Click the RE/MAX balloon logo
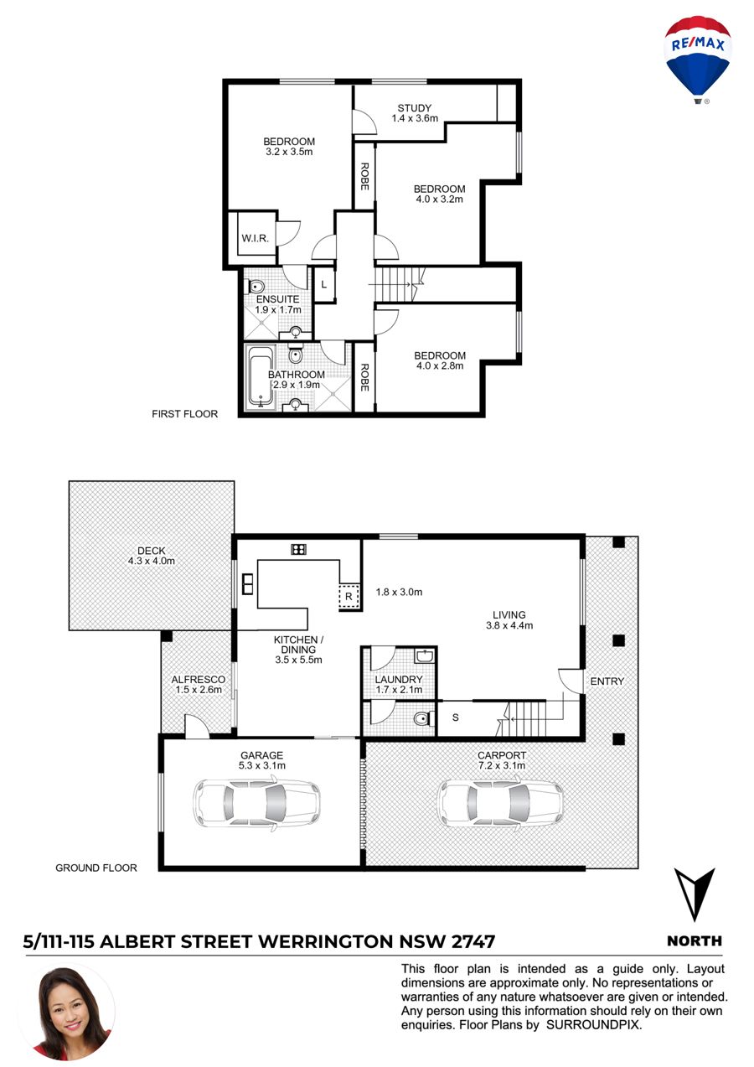point(697,60)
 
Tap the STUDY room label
point(414,108)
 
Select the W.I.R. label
point(256,238)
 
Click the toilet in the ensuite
point(256,287)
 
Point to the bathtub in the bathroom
point(260,377)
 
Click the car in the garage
point(256,803)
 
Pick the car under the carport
point(501,803)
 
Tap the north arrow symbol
point(694,894)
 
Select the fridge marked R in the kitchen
point(349,596)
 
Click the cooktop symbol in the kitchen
point(298,549)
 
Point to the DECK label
point(151,551)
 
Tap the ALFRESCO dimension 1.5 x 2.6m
point(199,689)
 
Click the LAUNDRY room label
point(399,679)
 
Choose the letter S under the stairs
point(455,717)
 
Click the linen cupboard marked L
point(324,285)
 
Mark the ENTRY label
point(607,681)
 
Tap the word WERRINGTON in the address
point(326,942)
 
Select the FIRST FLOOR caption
point(184,414)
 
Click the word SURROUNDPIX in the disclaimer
point(594,1025)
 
